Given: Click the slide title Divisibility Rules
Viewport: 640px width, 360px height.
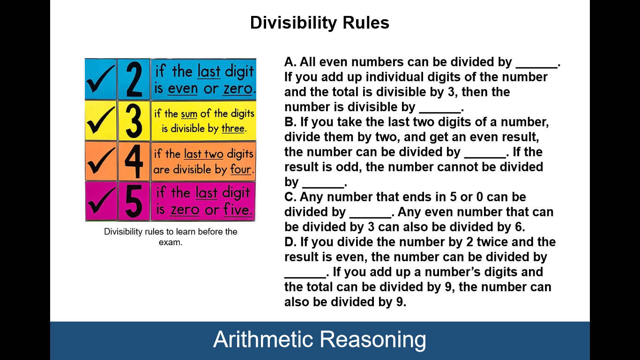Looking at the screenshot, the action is tap(320, 22).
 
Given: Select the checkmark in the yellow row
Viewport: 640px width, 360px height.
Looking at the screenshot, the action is tap(101, 120).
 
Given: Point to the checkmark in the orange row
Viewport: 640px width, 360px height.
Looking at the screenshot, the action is tap(101, 161).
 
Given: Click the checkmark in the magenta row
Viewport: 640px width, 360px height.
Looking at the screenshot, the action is tap(101, 202).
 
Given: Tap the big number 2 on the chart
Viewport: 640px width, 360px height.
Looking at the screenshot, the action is tap(134, 79).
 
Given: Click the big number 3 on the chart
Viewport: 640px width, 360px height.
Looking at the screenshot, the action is tap(134, 120).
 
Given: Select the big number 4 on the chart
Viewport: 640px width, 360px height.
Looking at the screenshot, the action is tap(134, 161).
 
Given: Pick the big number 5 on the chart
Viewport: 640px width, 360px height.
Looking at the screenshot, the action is tap(134, 202).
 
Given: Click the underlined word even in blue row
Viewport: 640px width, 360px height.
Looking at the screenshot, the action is tap(183, 89).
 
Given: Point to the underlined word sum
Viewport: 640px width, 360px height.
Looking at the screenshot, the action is tap(189, 114).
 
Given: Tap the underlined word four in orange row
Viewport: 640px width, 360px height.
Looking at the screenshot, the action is tap(241, 169).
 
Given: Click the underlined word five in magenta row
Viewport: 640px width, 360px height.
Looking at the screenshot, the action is tap(238, 210).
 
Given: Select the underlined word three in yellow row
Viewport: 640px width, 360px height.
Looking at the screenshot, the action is tap(233, 129).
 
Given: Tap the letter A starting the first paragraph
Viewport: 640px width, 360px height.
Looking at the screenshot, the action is tap(289, 62).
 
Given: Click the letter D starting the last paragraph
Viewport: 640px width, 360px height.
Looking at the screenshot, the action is tap(289, 242).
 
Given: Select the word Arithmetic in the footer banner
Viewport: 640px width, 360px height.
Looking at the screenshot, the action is tap(263, 339).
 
